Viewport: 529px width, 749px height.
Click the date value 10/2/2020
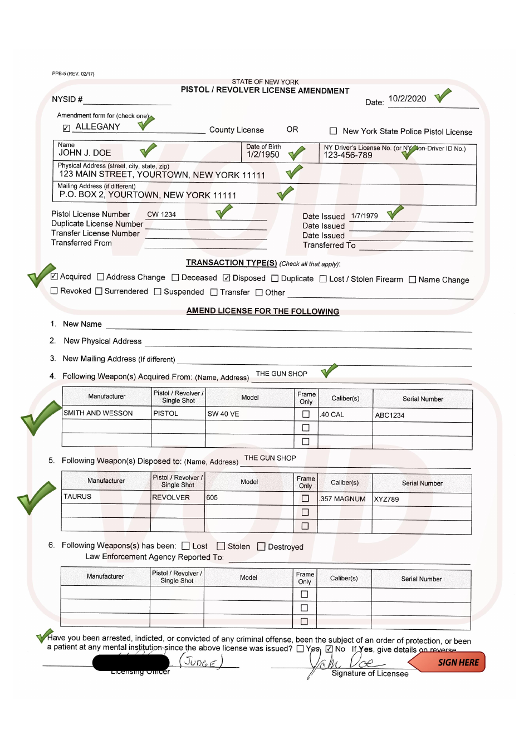coord(407,99)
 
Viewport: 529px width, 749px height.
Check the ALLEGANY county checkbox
coord(66,128)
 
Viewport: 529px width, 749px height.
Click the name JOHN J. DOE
coord(85,153)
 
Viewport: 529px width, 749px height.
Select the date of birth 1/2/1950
coord(263,155)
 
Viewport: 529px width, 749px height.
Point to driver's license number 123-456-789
coord(348,155)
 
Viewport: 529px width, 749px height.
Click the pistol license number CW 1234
coord(161,214)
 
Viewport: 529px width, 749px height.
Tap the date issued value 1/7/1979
coord(364,216)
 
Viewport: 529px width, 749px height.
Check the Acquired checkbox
coord(54,276)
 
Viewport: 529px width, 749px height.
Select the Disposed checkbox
coord(227,278)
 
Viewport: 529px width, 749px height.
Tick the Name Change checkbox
coord(413,280)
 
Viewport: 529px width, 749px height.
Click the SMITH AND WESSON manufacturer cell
coord(99,413)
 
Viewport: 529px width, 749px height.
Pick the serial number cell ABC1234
coord(390,415)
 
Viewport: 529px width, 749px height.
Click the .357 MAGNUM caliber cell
coord(342,499)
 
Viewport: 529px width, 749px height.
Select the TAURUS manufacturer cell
coord(77,497)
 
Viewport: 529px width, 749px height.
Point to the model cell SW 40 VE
coord(223,414)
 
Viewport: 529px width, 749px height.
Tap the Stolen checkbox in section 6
coord(221,546)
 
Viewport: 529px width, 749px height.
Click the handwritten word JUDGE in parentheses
coord(200,662)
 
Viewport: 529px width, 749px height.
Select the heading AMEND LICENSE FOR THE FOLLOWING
coord(263,311)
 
